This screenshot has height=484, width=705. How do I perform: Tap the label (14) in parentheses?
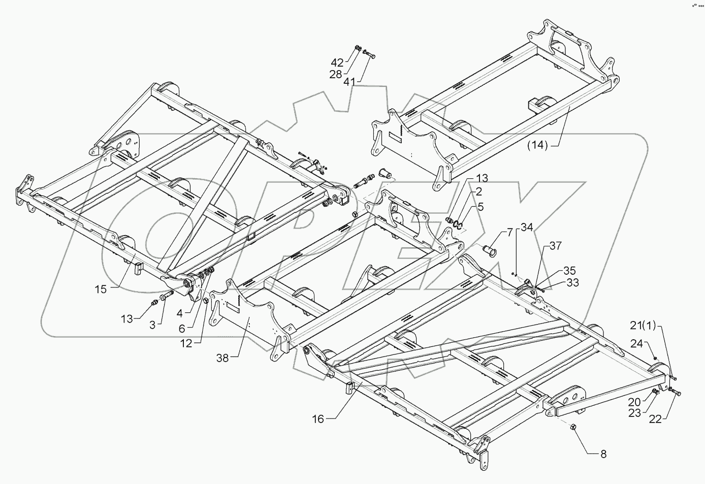pos(537,145)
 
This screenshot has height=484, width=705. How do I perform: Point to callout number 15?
pos(101,289)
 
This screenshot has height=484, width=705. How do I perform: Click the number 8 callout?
pos(603,454)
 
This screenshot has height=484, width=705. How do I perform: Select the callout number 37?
pos(555,246)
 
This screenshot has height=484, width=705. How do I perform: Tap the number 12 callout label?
pos(186,344)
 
